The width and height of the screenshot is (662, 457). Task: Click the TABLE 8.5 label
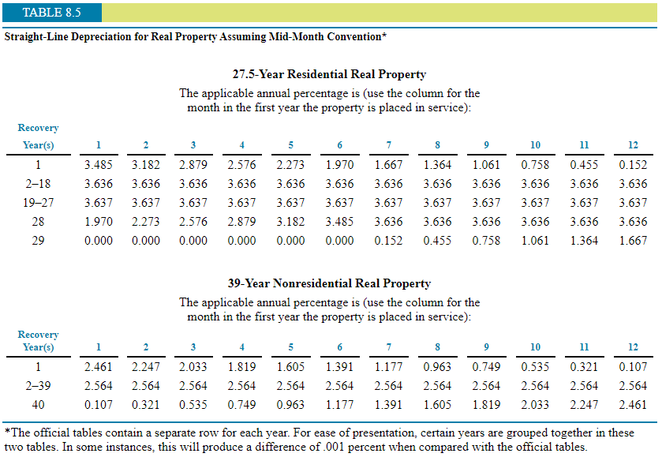(51, 13)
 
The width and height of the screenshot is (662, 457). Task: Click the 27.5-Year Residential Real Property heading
(329, 74)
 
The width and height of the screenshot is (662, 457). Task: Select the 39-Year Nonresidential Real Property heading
(329, 283)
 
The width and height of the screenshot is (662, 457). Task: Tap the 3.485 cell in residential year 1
(98, 166)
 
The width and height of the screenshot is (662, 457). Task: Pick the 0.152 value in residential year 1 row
(633, 166)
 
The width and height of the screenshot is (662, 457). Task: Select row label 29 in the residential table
(38, 241)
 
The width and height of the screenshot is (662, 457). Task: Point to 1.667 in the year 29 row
(633, 241)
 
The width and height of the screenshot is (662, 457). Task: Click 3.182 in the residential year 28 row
(290, 222)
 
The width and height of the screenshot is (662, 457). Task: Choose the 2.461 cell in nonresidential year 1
(98, 367)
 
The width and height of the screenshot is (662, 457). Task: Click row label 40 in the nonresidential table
(38, 405)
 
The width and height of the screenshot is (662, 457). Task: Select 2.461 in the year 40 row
(633, 405)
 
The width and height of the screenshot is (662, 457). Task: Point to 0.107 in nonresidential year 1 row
(633, 367)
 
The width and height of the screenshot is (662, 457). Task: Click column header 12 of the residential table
(633, 145)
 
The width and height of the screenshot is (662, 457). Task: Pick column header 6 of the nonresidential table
(339, 347)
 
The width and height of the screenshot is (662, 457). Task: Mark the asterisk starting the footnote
(6, 432)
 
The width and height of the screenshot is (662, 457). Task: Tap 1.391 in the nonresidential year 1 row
(339, 367)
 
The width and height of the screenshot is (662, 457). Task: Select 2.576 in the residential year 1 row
(241, 166)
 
